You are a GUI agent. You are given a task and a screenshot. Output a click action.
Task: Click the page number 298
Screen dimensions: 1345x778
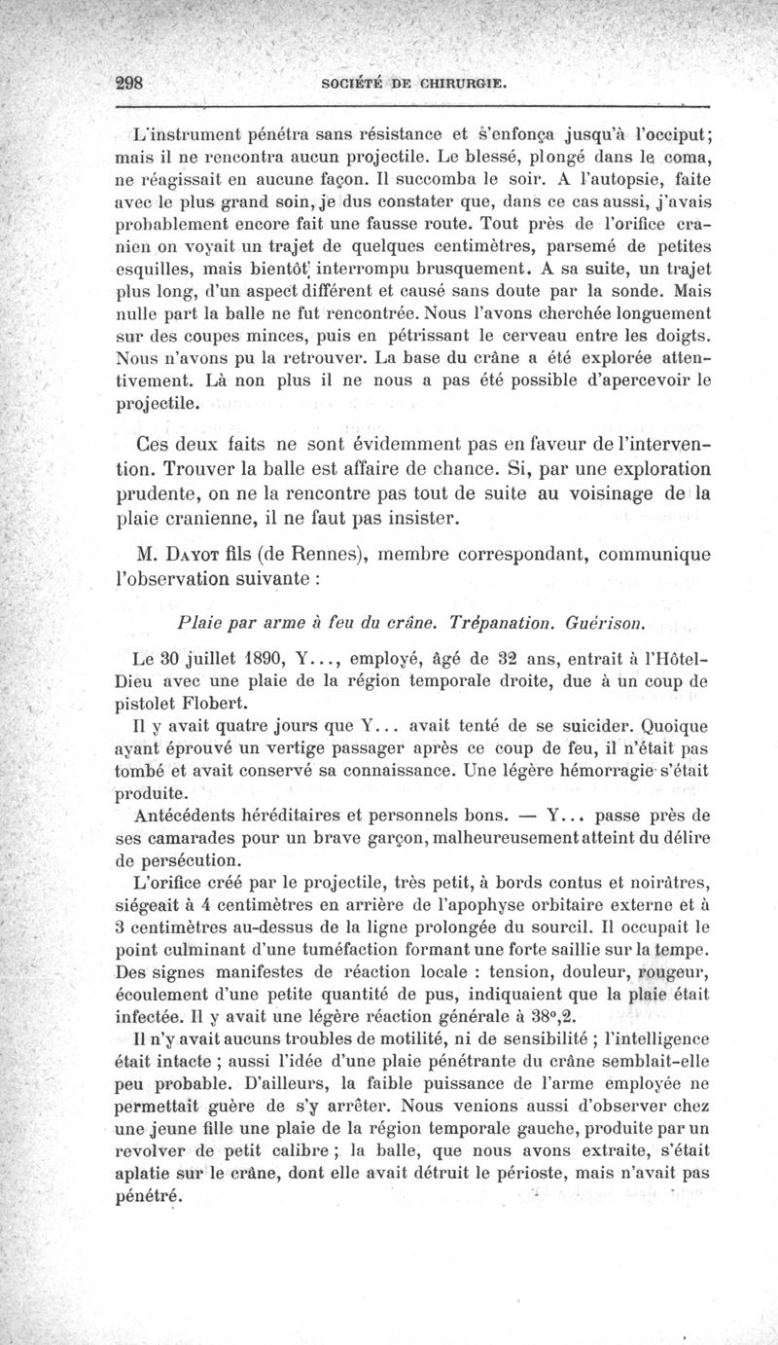(x=127, y=83)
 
